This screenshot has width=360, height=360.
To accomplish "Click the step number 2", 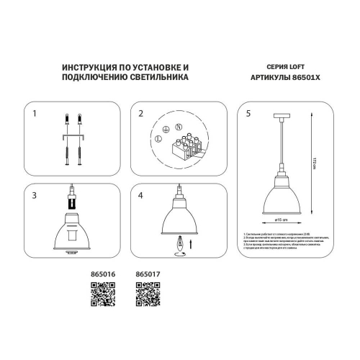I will (141, 114).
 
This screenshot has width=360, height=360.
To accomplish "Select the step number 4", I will (141, 195).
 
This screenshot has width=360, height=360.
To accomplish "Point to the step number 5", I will (248, 114).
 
